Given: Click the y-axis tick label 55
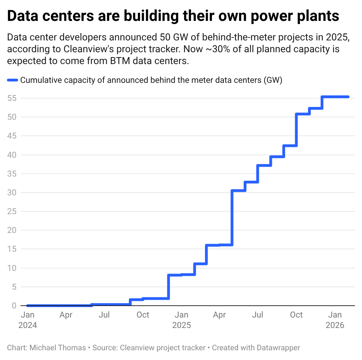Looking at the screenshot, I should pyautogui.click(x=11, y=98).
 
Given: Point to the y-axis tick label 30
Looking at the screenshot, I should pyautogui.click(x=11, y=193).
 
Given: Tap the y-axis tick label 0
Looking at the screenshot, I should pyautogui.click(x=14, y=306).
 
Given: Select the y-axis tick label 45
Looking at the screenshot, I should pyautogui.click(x=11, y=136).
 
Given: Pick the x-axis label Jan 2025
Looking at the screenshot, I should pyautogui.click(x=181, y=320).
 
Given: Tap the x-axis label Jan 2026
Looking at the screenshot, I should pyautogui.click(x=335, y=320).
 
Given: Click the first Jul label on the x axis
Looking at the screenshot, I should pyautogui.click(x=104, y=315).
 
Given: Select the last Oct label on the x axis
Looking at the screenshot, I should pyautogui.click(x=296, y=315).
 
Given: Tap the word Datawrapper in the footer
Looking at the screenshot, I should pyautogui.click(x=278, y=347).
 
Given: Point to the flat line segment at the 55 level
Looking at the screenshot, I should pyautogui.click(x=336, y=97).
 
